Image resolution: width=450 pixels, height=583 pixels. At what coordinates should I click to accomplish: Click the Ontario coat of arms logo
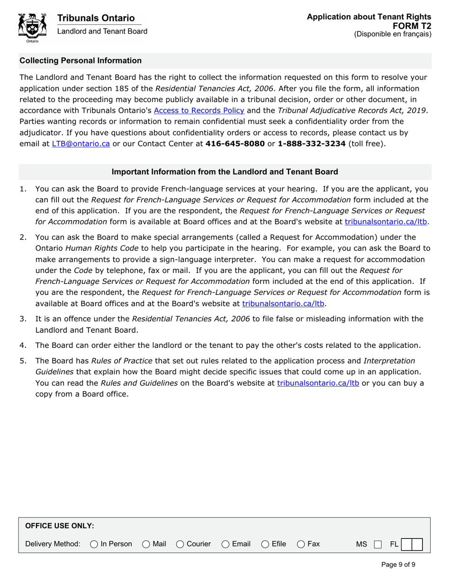(32, 27)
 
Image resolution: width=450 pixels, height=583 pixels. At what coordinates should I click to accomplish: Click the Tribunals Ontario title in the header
(96, 18)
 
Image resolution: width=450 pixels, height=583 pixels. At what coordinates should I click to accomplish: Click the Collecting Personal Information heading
(81, 61)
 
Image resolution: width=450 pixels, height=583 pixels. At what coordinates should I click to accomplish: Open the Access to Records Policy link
(199, 110)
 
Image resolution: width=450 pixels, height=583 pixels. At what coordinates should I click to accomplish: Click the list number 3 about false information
(23, 319)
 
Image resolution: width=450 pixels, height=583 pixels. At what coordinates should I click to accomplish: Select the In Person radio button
(94, 544)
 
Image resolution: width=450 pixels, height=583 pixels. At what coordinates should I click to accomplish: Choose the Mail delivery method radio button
(146, 544)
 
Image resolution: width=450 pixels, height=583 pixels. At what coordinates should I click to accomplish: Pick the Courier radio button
(180, 544)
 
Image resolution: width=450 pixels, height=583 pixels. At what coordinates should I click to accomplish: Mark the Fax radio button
(301, 544)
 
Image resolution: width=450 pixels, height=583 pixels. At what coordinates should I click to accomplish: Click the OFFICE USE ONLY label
(59, 526)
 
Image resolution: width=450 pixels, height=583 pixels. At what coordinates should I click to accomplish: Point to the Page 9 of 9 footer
(398, 565)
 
